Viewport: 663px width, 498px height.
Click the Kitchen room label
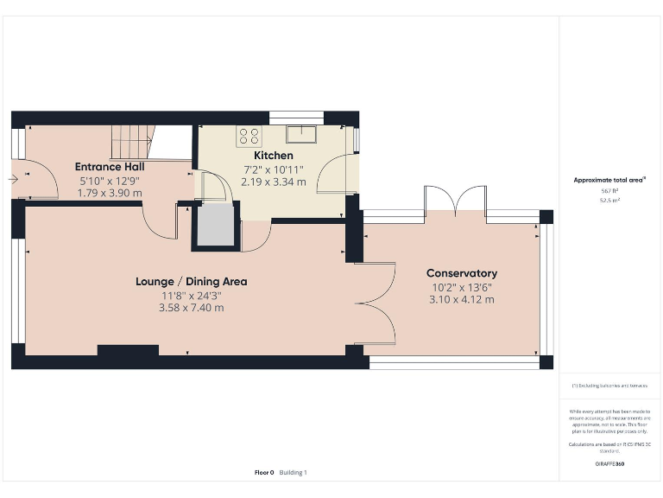click(x=273, y=156)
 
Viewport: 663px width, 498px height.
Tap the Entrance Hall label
click(x=110, y=167)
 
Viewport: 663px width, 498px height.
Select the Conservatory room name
click(x=462, y=273)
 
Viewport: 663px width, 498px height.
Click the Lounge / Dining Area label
click(x=192, y=281)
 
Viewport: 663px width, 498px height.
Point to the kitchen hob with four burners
click(x=249, y=135)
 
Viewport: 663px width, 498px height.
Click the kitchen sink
click(x=302, y=132)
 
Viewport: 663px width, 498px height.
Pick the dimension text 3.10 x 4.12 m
click(x=462, y=300)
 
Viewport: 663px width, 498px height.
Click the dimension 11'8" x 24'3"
click(x=192, y=295)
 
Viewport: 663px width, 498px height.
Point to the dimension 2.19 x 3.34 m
click(x=273, y=182)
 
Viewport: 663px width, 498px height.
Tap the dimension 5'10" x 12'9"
click(x=110, y=181)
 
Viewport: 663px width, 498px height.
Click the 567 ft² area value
click(x=610, y=190)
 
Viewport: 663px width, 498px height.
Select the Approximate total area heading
click(x=610, y=180)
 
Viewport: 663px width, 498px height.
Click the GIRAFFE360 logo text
click(x=610, y=464)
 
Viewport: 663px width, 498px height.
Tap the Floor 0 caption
click(x=264, y=472)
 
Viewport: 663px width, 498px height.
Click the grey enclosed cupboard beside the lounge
click(x=214, y=227)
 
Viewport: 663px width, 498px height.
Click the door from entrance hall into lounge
click(x=161, y=222)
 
